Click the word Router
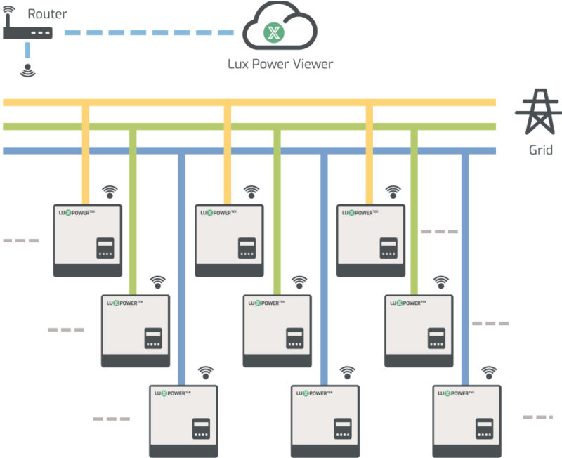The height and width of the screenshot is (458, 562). pyautogui.click(x=47, y=13)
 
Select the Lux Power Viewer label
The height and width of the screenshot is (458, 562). pyautogui.click(x=280, y=64)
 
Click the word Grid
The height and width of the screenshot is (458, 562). pyautogui.click(x=541, y=150)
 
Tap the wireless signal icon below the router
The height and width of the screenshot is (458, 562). pyautogui.click(x=27, y=70)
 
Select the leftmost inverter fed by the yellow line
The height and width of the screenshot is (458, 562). pyautogui.click(x=88, y=240)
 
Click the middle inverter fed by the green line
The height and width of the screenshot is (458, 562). pyautogui.click(x=277, y=330)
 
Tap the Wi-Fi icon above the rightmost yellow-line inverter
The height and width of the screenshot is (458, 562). pyautogui.click(x=393, y=191)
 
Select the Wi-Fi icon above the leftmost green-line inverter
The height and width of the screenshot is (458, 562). pyautogui.click(x=158, y=281)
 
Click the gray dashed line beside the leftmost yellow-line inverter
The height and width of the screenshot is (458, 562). pyautogui.click(x=21, y=241)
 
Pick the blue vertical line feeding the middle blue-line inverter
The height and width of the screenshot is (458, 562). pyautogui.click(x=324, y=267)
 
